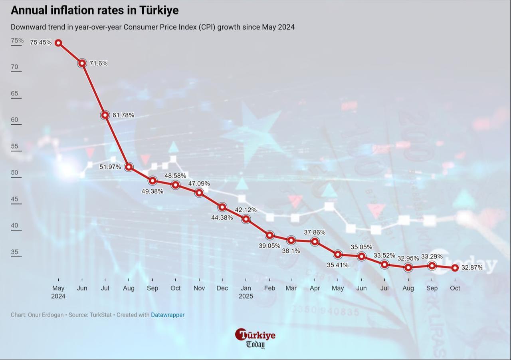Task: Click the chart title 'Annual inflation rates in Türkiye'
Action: [x=95, y=10]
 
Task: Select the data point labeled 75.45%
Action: [x=58, y=43]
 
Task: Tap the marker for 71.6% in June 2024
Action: [x=82, y=63]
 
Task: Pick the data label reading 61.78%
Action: [x=123, y=115]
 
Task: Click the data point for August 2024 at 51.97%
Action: [x=129, y=167]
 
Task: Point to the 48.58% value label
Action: [x=175, y=175]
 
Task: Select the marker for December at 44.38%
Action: [x=222, y=207]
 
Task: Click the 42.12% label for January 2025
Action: [x=246, y=210]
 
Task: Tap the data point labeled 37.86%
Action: [x=315, y=241]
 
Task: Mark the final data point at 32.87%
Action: [x=455, y=268]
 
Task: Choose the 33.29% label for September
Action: [x=432, y=257]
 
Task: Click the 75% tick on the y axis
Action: [x=17, y=40]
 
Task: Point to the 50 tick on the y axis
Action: [x=14, y=173]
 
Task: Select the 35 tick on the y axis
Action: [x=14, y=252]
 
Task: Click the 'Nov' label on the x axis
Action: [x=199, y=288]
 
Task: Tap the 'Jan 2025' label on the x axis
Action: [x=246, y=292]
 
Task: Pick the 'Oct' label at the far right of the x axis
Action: [x=455, y=288]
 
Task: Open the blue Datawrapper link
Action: [x=168, y=315]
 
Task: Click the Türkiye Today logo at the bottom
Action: [x=255, y=338]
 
